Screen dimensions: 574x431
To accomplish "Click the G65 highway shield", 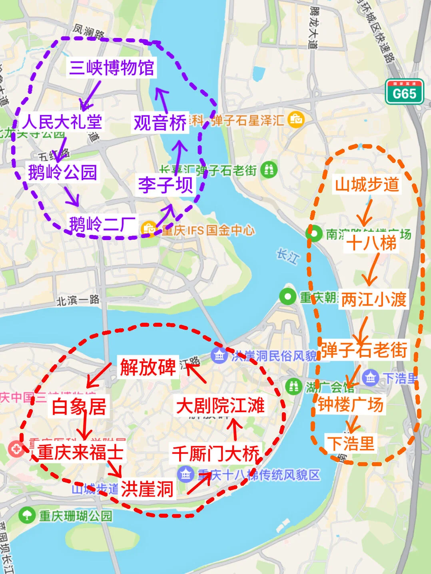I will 404,92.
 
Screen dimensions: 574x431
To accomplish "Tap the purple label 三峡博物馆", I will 112,68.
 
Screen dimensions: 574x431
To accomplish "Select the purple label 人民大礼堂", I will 62,121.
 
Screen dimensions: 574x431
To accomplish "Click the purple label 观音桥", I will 160,123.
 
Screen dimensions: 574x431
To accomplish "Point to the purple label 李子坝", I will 166,185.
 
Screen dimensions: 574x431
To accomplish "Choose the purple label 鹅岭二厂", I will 102,224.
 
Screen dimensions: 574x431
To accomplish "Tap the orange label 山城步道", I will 367,184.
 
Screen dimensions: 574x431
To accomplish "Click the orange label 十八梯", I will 371,243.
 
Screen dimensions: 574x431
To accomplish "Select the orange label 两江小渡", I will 374,300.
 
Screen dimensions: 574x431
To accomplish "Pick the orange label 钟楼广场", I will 351,405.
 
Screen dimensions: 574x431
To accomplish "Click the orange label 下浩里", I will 351,443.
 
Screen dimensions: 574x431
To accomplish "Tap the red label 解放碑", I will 148,367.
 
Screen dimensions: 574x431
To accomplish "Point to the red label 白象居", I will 79,407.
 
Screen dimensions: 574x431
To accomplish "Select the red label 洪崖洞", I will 147,489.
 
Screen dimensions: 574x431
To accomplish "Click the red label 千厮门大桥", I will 216,454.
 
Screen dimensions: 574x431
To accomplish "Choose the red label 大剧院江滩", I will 220,406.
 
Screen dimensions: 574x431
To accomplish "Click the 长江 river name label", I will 287,256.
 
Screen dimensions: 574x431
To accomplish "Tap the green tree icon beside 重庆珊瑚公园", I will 27,515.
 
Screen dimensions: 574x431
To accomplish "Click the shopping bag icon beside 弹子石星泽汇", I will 296,119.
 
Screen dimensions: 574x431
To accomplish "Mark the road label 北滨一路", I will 78,300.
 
